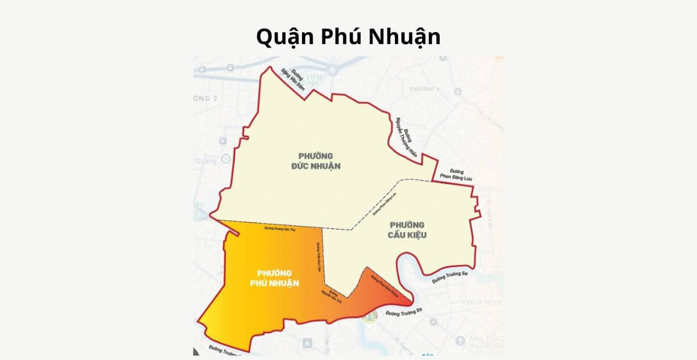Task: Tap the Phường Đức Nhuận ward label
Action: tap(315, 161)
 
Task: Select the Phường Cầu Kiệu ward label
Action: tap(407, 229)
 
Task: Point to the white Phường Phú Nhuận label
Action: tap(274, 278)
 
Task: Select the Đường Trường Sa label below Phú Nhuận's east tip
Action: tap(403, 315)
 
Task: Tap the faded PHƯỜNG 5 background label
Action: tap(425, 89)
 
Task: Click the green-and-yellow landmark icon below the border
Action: tap(369, 317)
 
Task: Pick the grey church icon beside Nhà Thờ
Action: tap(461, 340)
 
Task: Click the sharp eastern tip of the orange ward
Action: tap(412, 304)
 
